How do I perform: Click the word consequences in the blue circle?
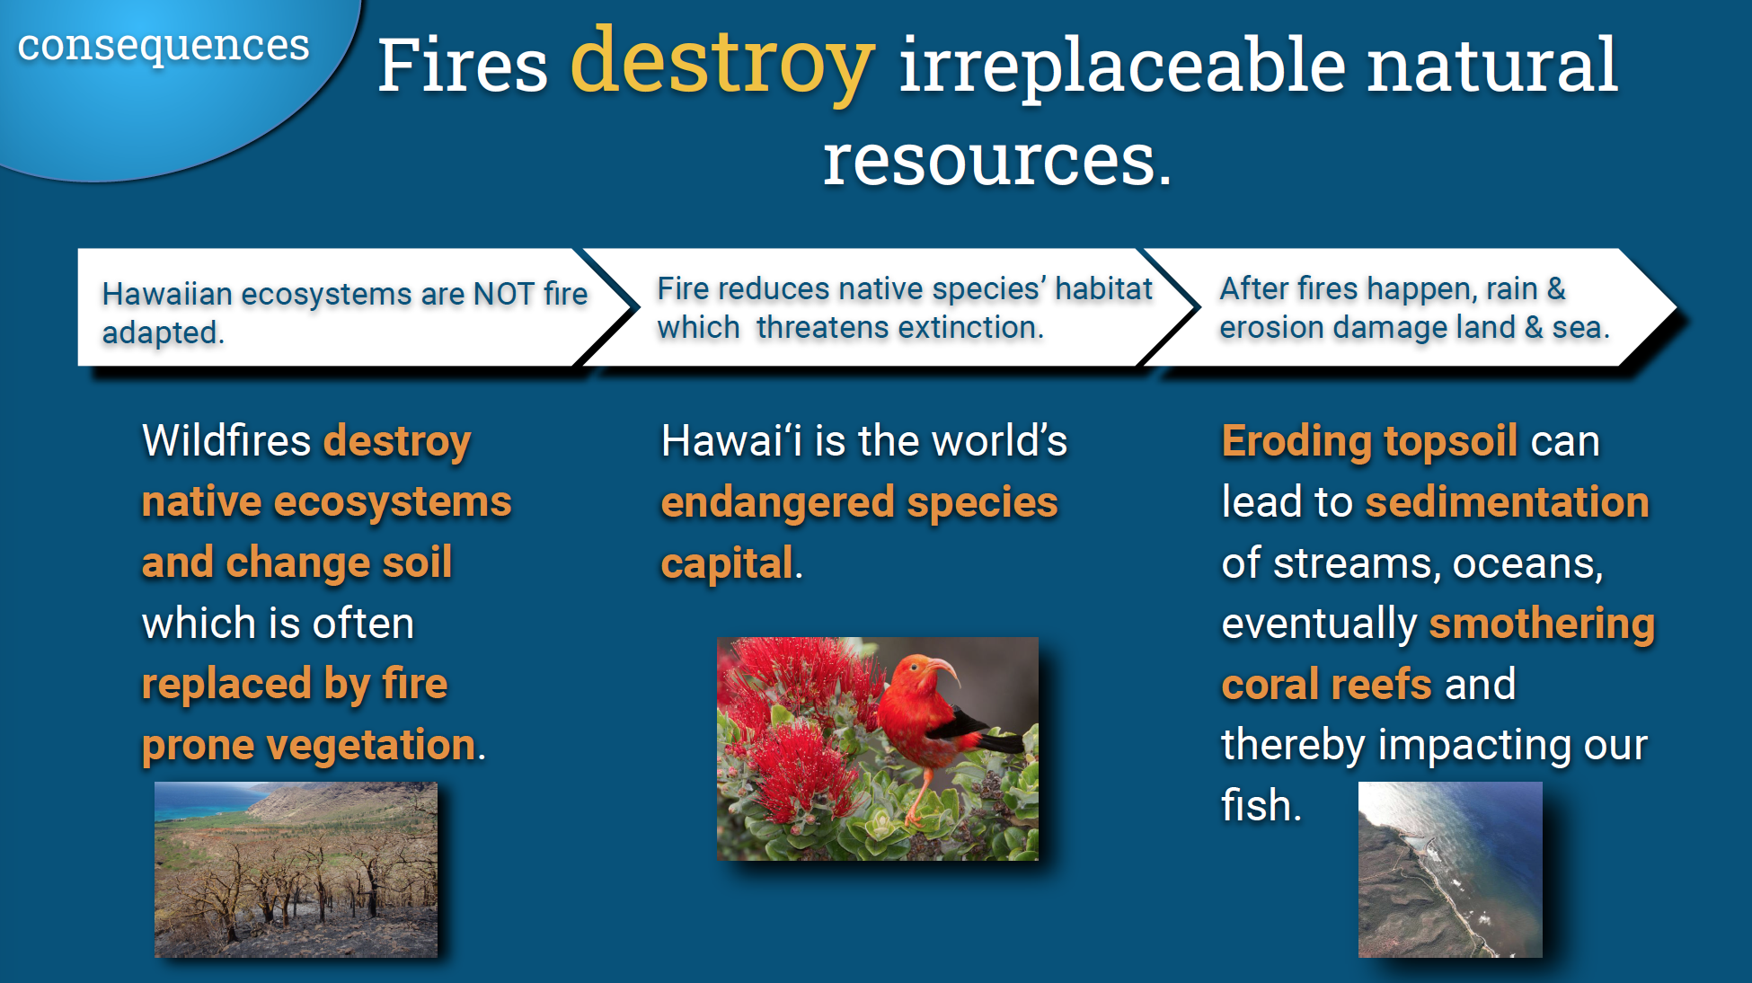163,45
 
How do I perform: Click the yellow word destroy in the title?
721,63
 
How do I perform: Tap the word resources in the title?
996,160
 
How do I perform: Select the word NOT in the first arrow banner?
503,294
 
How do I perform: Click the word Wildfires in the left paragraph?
226,441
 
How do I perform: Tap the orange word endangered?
778,502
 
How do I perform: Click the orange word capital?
727,563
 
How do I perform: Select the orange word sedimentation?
1507,502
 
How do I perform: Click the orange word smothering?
1542,624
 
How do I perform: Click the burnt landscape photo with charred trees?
296,869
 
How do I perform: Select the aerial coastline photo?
1449,869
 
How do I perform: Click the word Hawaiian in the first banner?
167,294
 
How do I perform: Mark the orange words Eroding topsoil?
1369,441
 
